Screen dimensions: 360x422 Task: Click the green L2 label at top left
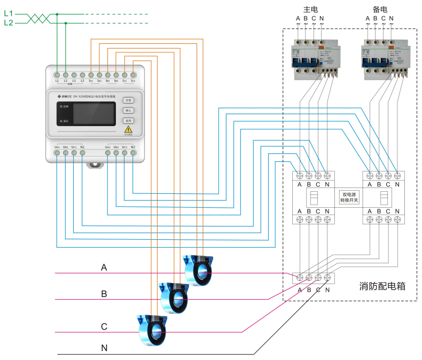point(8,22)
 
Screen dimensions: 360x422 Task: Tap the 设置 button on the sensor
point(128,100)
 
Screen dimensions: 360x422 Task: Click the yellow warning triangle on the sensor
point(128,129)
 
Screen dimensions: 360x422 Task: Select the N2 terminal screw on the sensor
point(133,153)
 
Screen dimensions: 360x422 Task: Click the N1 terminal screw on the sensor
point(82,153)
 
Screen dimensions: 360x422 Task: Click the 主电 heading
point(310,10)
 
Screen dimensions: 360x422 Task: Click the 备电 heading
point(380,10)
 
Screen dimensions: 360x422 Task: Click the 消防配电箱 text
point(382,286)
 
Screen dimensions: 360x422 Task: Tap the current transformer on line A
point(198,270)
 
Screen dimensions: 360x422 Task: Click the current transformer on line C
point(153,330)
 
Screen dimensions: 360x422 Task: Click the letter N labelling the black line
point(105,348)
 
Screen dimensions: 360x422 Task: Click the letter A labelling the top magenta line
point(104,267)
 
